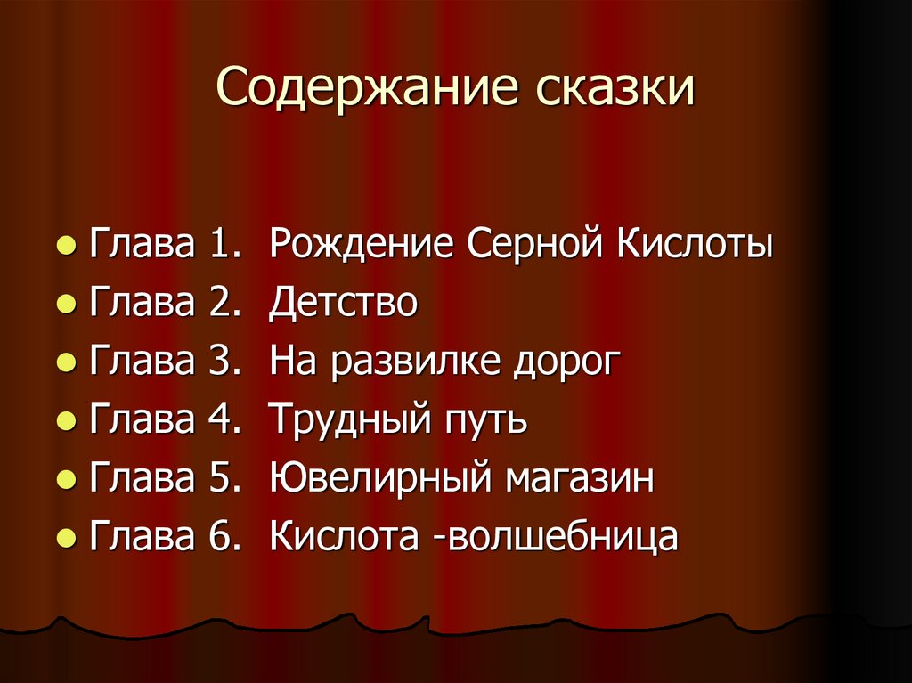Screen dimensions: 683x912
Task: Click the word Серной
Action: point(533,245)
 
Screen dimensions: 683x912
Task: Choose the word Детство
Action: point(343,304)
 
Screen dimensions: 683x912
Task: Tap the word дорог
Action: point(565,362)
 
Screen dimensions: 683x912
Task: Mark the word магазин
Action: point(581,479)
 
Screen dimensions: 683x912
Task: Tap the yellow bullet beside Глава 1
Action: point(64,247)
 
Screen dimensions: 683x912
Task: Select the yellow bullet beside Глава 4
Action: point(64,422)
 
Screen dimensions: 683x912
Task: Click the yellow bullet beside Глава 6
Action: point(64,540)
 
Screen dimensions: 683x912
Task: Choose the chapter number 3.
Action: point(219,362)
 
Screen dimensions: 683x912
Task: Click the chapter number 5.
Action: point(219,479)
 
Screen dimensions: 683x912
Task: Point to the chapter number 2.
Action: point(219,304)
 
